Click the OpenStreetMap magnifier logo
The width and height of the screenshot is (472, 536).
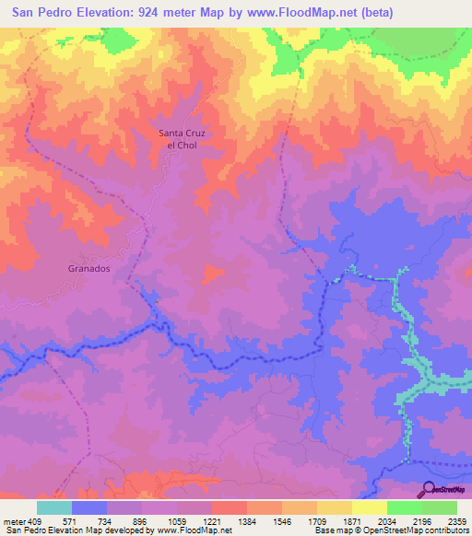[x=429, y=490]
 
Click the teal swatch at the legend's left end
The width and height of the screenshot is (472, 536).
[x=54, y=507]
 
